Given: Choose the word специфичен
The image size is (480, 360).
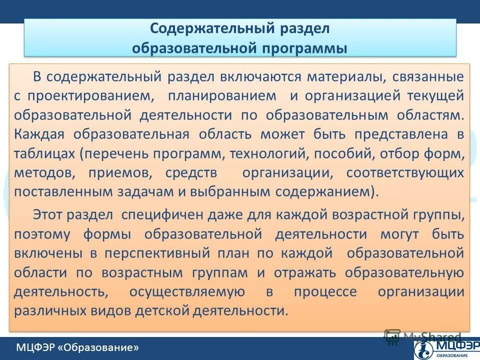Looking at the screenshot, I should (175, 214).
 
